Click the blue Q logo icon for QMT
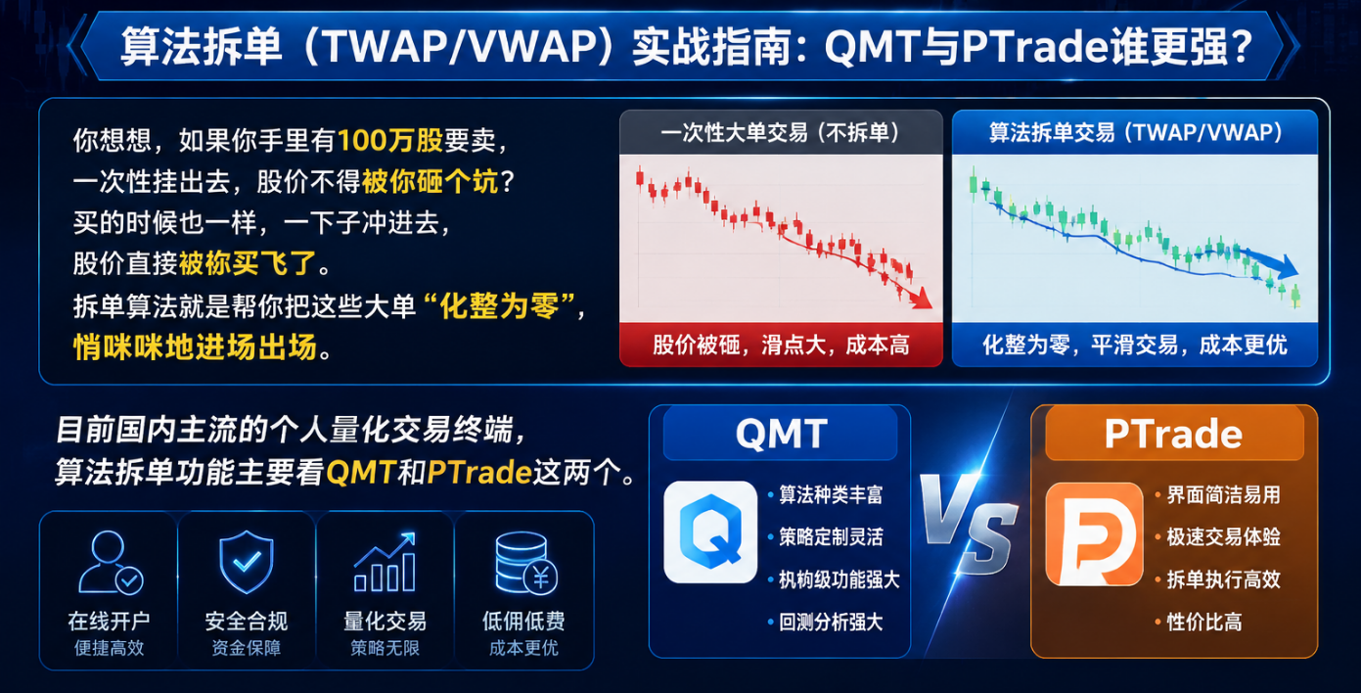click(x=710, y=531)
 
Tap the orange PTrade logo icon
click(x=1094, y=533)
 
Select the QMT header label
click(x=781, y=434)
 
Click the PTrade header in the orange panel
click(x=1173, y=434)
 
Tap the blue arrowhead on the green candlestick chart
click(x=1286, y=266)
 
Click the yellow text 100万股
click(x=390, y=140)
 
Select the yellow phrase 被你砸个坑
click(x=431, y=181)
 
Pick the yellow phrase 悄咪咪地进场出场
click(x=196, y=347)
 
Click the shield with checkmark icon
click(x=246, y=562)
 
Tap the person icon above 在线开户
click(x=111, y=562)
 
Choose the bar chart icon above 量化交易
click(x=386, y=562)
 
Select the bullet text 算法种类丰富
click(x=831, y=495)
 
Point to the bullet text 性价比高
click(x=1204, y=622)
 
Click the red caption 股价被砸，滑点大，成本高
click(x=781, y=346)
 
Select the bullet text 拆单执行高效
click(x=1224, y=579)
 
